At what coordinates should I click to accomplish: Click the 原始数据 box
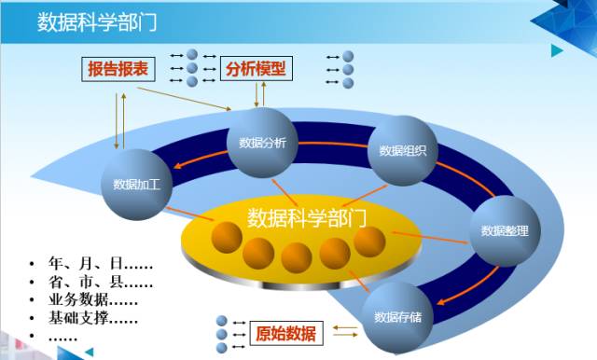point(285,333)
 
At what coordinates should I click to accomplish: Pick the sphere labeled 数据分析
point(262,143)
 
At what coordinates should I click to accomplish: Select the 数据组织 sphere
point(403,150)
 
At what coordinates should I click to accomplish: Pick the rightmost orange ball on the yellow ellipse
point(369,244)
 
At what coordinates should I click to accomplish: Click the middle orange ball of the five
point(297,256)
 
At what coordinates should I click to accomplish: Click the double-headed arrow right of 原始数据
point(345,331)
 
